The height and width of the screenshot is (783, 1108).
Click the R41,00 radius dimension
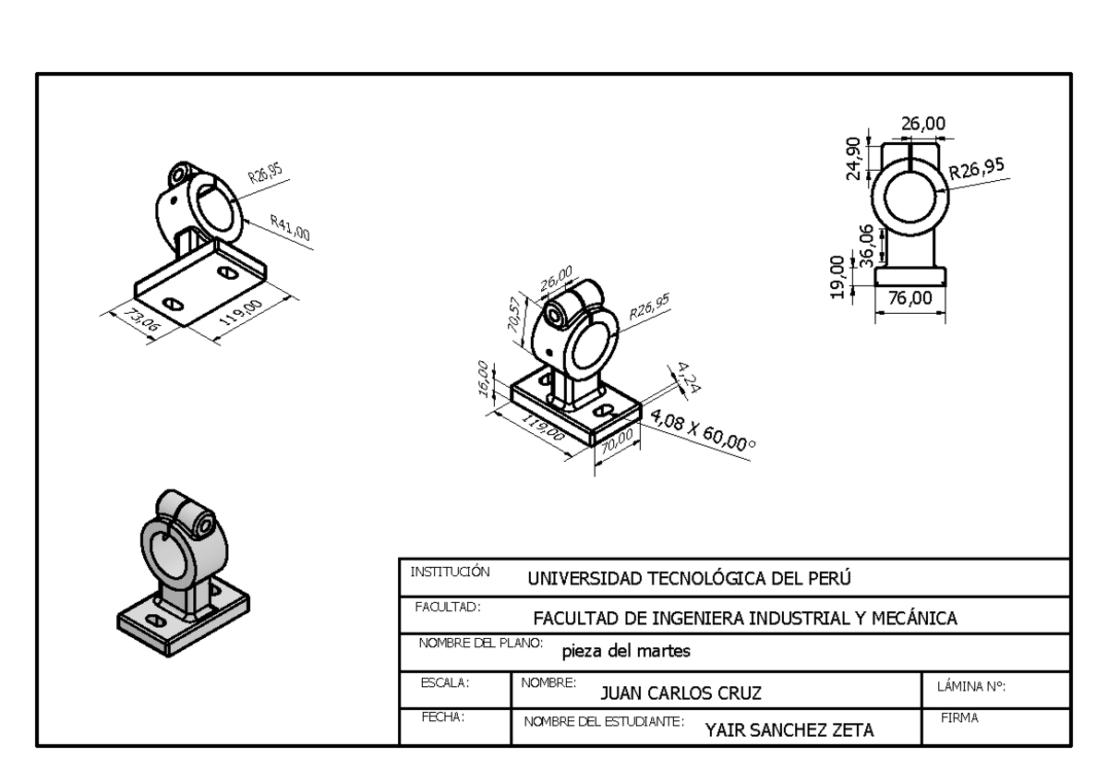[290, 227]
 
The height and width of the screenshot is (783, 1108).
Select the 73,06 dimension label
[142, 319]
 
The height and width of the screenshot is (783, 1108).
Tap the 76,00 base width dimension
[910, 298]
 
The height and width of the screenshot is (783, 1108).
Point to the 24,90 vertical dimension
[854, 158]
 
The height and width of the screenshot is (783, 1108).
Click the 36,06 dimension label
[867, 246]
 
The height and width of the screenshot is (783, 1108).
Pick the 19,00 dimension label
[837, 277]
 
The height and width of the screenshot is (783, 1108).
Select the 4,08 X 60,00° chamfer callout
[703, 430]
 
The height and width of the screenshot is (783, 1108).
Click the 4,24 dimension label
[688, 377]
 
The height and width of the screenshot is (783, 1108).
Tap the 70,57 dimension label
[514, 315]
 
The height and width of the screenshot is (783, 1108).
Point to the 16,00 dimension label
[484, 379]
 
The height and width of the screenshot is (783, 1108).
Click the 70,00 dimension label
[618, 441]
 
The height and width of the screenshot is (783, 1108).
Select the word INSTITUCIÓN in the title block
[450, 572]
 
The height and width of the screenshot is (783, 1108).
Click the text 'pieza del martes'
[626, 651]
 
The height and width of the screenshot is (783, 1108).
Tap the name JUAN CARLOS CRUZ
[680, 693]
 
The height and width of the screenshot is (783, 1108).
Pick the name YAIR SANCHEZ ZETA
[789, 730]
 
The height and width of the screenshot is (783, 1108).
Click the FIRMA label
[959, 717]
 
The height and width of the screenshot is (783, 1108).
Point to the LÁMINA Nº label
[971, 687]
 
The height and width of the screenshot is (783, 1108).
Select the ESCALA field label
[445, 683]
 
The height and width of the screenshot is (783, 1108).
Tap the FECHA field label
[443, 717]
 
